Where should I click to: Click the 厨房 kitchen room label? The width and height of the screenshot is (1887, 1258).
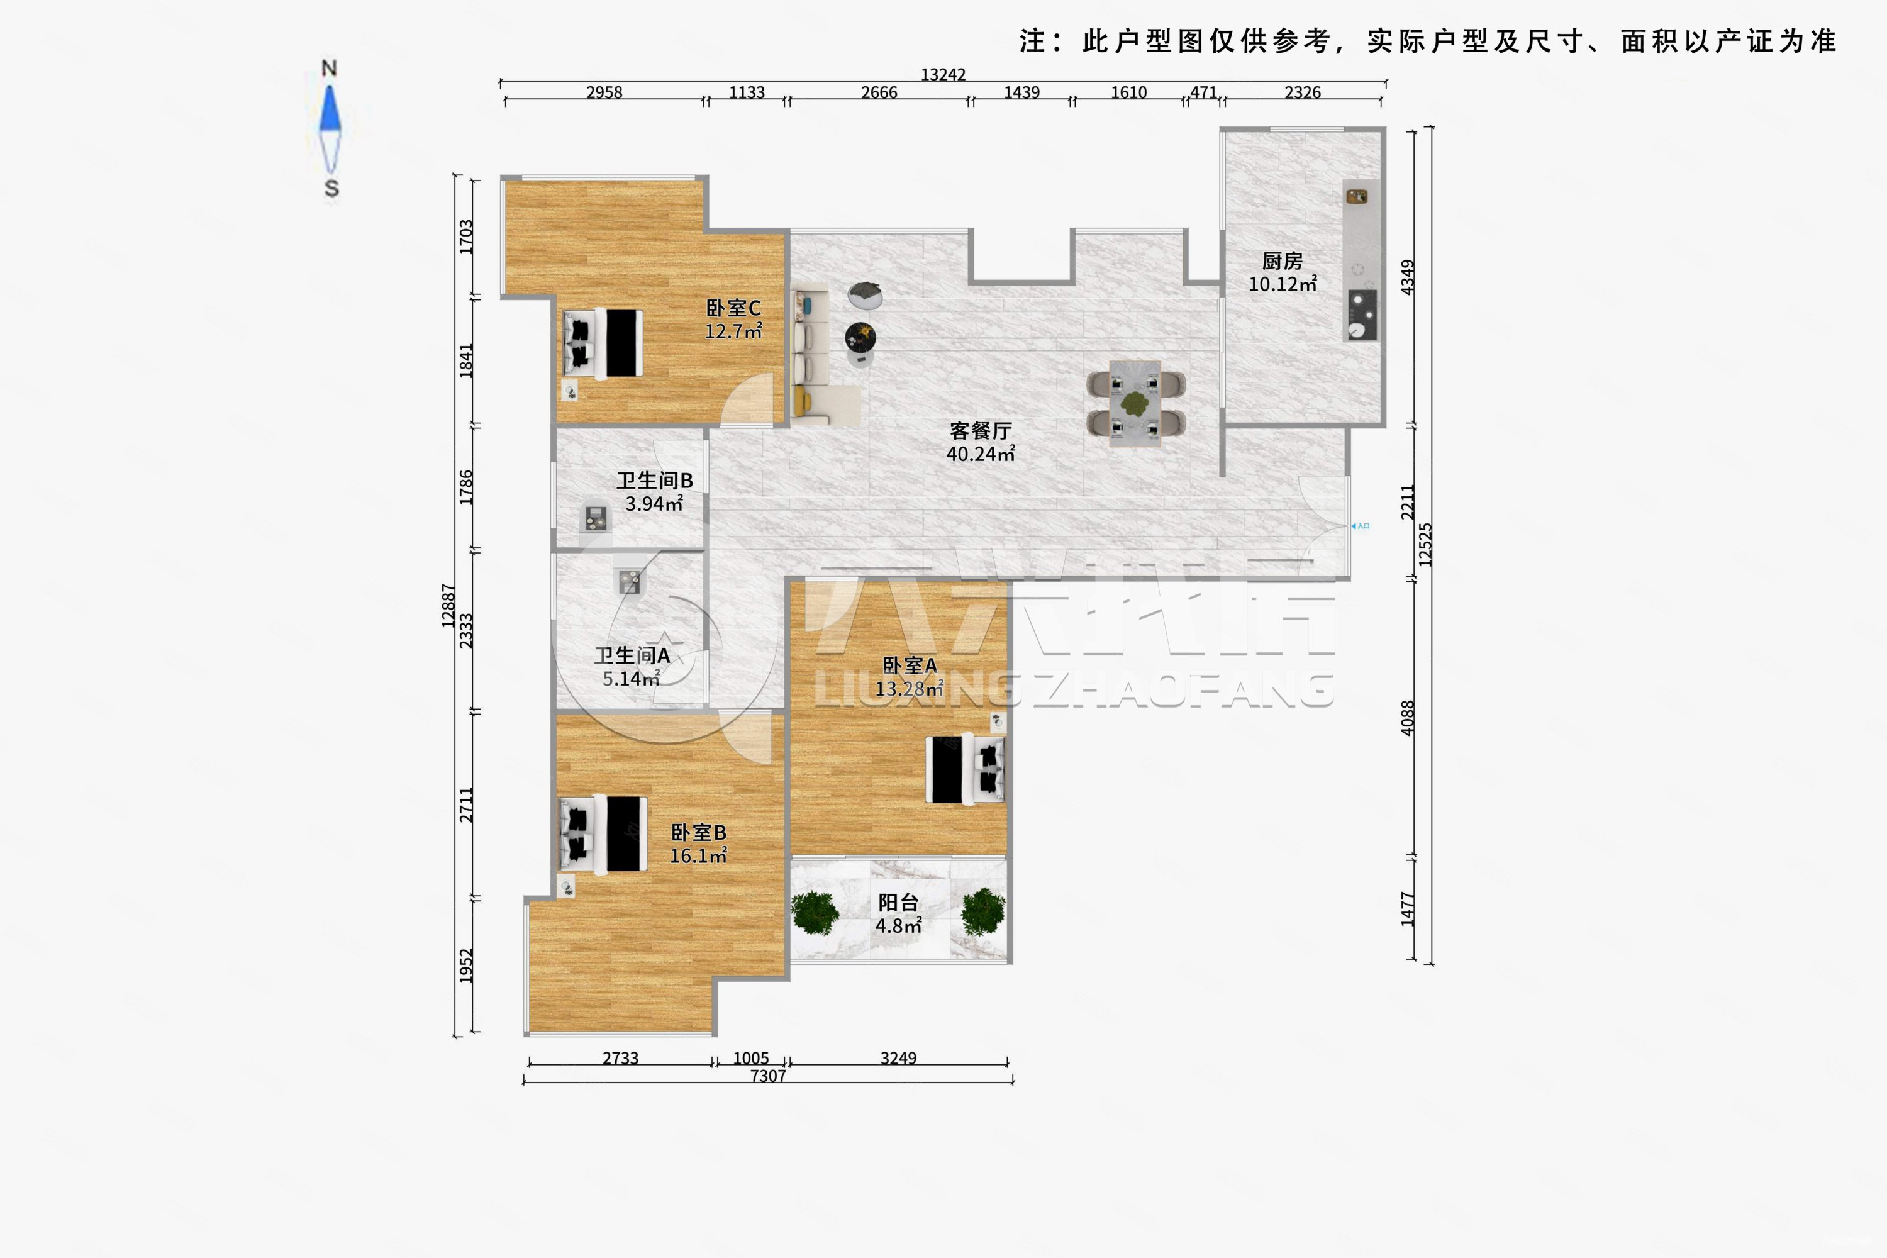click(x=1281, y=261)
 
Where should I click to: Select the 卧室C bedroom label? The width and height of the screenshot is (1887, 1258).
click(x=733, y=308)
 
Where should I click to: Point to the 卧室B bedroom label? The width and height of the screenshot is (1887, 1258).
click(x=698, y=833)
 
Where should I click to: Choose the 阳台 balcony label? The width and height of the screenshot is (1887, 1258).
click(x=898, y=903)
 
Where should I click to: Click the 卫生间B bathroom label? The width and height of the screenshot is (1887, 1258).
click(x=654, y=481)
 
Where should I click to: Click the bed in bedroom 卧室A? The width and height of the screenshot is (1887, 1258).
click(x=965, y=769)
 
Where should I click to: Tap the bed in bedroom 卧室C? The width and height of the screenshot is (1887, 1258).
click(x=603, y=343)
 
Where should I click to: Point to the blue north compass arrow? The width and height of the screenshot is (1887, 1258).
click(x=330, y=110)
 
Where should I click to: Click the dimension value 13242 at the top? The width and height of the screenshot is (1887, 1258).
click(x=943, y=75)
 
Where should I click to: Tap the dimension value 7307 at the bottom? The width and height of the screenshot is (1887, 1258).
click(x=768, y=1076)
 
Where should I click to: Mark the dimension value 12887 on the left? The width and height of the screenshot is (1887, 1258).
click(x=448, y=606)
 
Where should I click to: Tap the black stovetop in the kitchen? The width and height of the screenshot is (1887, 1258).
click(x=1362, y=314)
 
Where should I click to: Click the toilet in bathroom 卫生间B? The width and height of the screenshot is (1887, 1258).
click(x=594, y=518)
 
